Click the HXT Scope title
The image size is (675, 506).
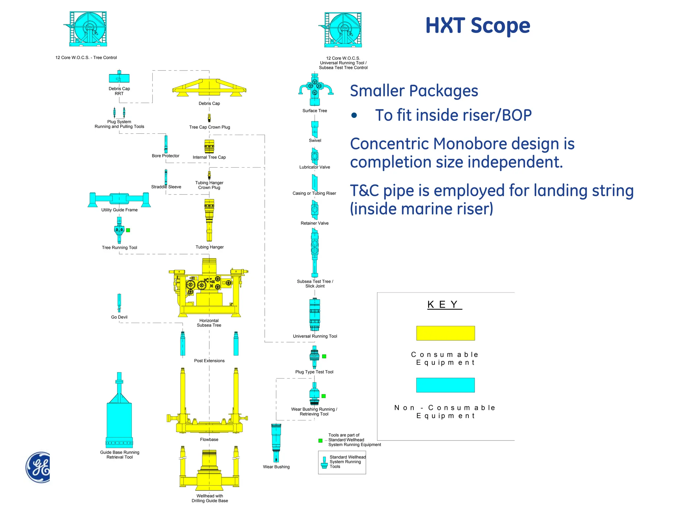pos(478,26)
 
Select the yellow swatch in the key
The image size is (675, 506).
pos(445,333)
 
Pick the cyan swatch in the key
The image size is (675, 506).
pos(445,385)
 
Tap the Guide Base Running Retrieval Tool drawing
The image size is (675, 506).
pos(119,415)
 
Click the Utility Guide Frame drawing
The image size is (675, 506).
pos(119,199)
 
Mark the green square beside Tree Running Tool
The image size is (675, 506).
pos(128,230)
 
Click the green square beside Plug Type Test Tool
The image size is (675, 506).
pos(324,356)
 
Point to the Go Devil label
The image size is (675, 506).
pos(119,317)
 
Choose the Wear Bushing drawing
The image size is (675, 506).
pos(276,443)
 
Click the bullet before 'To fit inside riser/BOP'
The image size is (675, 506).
pos(354,115)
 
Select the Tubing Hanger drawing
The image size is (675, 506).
pos(209,220)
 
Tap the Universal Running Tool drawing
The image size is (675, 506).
pos(315,314)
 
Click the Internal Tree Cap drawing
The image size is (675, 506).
pos(209,146)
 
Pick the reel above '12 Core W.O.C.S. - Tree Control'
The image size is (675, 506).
pos(88,29)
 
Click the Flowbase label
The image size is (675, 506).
pos(209,439)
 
